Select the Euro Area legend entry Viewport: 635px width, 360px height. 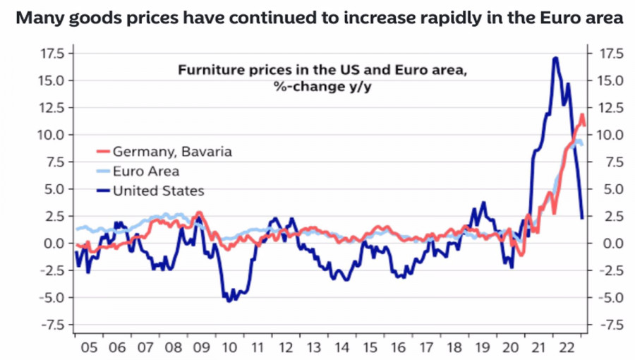(x=145, y=171)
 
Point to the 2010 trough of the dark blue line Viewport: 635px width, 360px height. (x=229, y=301)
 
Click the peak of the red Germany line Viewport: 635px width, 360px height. (x=582, y=114)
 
